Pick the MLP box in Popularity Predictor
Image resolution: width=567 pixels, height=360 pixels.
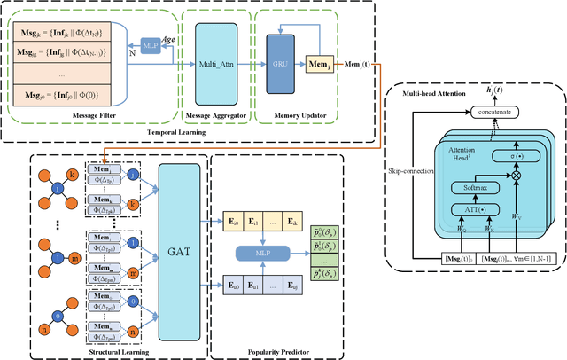click(x=262, y=255)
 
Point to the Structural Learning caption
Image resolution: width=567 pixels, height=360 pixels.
click(x=116, y=352)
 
